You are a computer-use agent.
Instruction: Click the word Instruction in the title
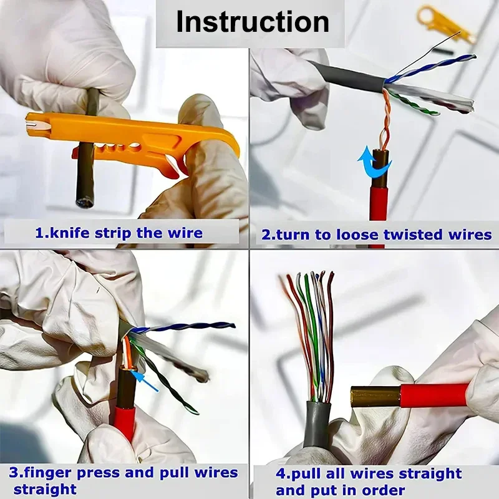point(252,22)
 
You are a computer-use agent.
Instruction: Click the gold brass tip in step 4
point(375,396)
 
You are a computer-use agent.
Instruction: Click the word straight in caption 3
point(45,488)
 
